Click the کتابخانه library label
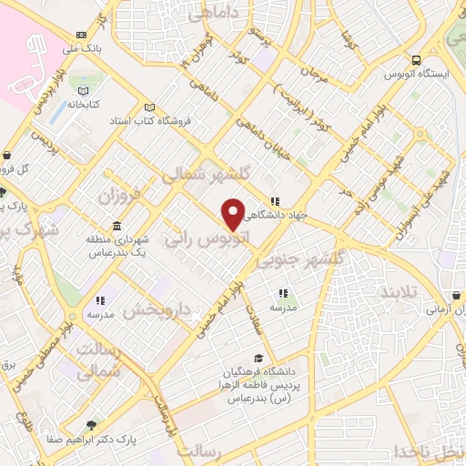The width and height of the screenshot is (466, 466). click(x=83, y=105)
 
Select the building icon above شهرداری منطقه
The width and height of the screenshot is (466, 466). click(x=116, y=226)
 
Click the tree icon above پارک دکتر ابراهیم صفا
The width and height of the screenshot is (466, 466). click(x=90, y=425)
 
